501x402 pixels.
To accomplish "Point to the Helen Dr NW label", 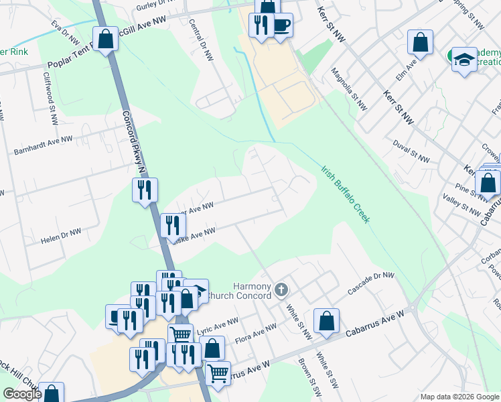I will (61, 234).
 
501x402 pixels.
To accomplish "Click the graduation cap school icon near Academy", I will (463, 60).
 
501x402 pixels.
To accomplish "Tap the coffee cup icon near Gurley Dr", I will (281, 25).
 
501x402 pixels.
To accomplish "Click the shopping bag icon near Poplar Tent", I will (106, 40).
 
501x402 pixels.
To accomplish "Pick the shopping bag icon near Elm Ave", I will (420, 42).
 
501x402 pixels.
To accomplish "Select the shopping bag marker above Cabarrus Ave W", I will (326, 320).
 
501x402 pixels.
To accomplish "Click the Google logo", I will (22, 394).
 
